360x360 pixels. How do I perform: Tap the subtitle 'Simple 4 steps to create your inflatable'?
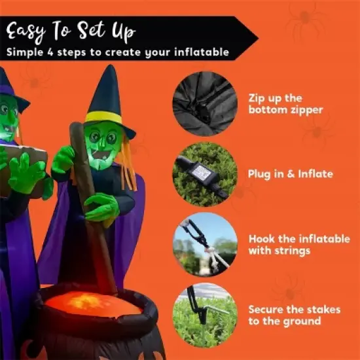(118, 52)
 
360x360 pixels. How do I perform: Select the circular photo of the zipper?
(204, 103)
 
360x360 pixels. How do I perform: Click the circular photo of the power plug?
(204, 174)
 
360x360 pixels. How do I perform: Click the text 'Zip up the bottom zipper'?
(285, 103)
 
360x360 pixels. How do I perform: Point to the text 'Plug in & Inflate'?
(291, 174)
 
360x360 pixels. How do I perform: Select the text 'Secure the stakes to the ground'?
(293, 314)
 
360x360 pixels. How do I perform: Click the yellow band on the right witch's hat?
(103, 117)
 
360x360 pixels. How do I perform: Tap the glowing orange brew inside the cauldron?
(92, 304)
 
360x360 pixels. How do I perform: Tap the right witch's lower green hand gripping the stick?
(100, 207)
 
